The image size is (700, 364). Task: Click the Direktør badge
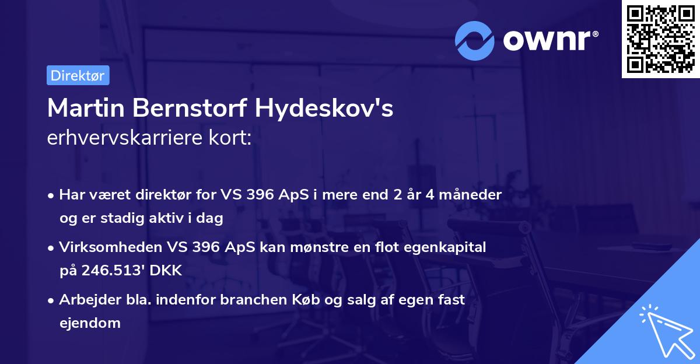(x=78, y=75)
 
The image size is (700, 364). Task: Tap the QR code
(x=660, y=38)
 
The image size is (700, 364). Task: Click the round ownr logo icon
(x=475, y=40)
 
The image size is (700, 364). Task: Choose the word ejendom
(x=90, y=323)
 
